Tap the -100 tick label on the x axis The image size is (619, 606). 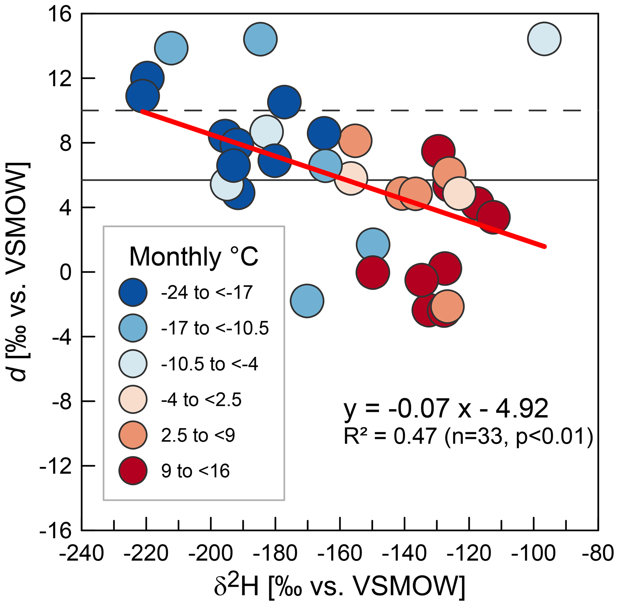tap(533, 554)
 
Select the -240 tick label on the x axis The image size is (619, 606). tap(82, 554)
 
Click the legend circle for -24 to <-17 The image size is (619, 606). tap(133, 292)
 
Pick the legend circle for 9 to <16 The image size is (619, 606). tap(133, 471)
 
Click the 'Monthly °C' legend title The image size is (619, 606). tap(193, 257)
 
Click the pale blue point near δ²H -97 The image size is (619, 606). tap(544, 39)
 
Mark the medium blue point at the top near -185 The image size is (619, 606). tap(260, 39)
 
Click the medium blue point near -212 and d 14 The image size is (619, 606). tap(171, 48)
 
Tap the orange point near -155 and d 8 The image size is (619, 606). tap(355, 141)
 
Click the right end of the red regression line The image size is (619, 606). tap(544, 246)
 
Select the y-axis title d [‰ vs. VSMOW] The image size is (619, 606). tap(19, 272)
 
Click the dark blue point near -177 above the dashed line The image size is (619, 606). tap(284, 102)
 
